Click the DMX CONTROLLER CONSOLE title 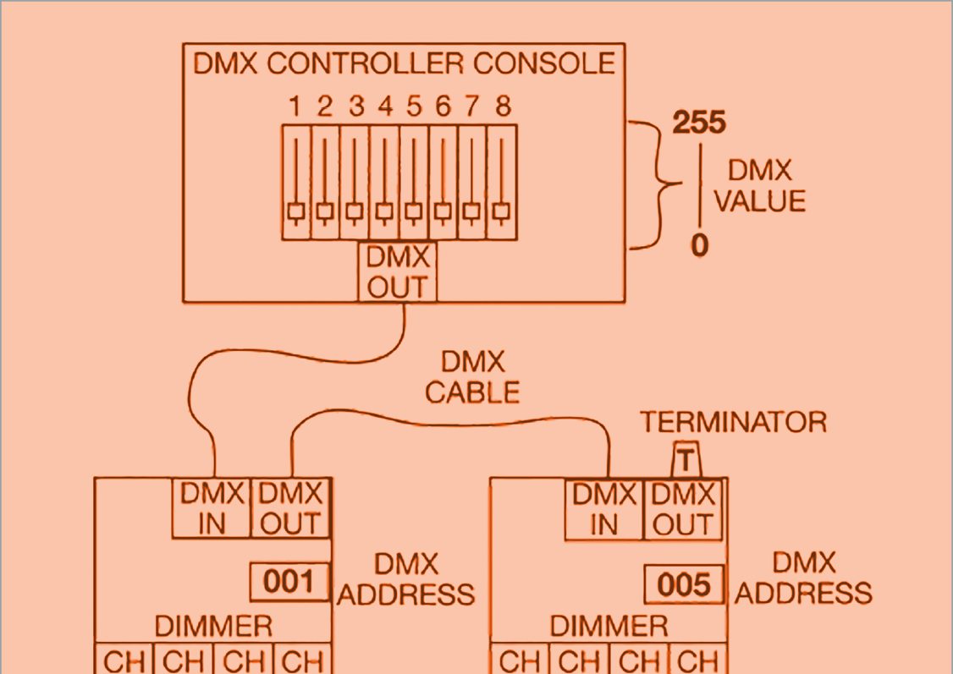click(x=404, y=64)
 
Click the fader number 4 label click(x=385, y=107)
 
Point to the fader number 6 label click(x=443, y=107)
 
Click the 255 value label click(x=699, y=123)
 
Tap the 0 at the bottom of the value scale click(x=699, y=245)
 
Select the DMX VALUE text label click(x=759, y=186)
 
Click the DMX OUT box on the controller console click(x=398, y=272)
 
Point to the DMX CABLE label click(x=472, y=377)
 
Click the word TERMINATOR click(x=733, y=422)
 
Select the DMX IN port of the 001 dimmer click(x=212, y=508)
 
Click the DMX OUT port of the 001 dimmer click(x=290, y=508)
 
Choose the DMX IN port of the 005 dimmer click(x=603, y=508)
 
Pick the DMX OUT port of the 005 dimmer click(x=682, y=508)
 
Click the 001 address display click(x=289, y=582)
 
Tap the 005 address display click(x=684, y=584)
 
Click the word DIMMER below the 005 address click(x=609, y=627)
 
